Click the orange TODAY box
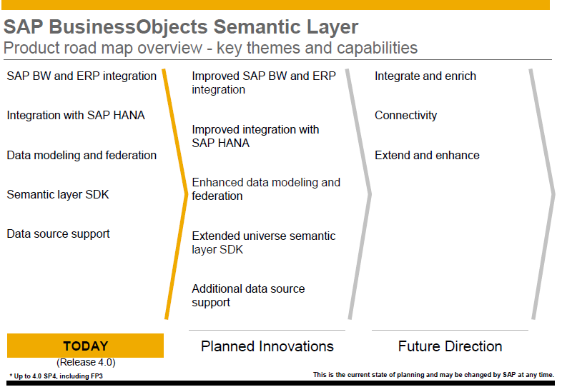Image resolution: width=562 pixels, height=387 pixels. [x=85, y=346]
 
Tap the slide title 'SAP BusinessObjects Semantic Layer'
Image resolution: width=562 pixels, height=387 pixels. [x=181, y=27]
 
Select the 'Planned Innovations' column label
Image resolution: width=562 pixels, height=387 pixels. [x=267, y=346]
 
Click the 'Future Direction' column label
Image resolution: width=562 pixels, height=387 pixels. [x=450, y=346]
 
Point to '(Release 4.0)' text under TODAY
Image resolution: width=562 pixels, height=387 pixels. [x=85, y=362]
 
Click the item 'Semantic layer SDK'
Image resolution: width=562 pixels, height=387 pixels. [x=58, y=194]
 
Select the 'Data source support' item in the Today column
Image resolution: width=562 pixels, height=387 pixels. [x=59, y=233]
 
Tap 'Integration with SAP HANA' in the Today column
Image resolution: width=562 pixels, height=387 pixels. [x=76, y=115]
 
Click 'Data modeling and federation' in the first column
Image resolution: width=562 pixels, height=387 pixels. [x=82, y=155]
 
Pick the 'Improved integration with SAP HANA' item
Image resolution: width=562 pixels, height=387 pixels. [x=255, y=136]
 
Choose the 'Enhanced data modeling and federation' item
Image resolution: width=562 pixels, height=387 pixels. [x=266, y=189]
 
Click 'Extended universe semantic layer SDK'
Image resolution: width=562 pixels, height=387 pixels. [x=263, y=243]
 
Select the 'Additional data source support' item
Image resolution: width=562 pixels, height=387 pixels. [x=248, y=296]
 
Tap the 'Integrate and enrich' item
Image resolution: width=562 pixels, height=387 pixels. [x=425, y=76]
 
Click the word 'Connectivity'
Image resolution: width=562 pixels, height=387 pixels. [x=405, y=116]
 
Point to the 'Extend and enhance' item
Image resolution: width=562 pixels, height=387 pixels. [x=427, y=156]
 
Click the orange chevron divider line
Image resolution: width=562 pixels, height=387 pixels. [x=173, y=193]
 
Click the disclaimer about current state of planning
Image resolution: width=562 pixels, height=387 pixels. [x=433, y=374]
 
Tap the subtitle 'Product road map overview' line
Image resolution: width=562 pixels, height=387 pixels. [x=210, y=49]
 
